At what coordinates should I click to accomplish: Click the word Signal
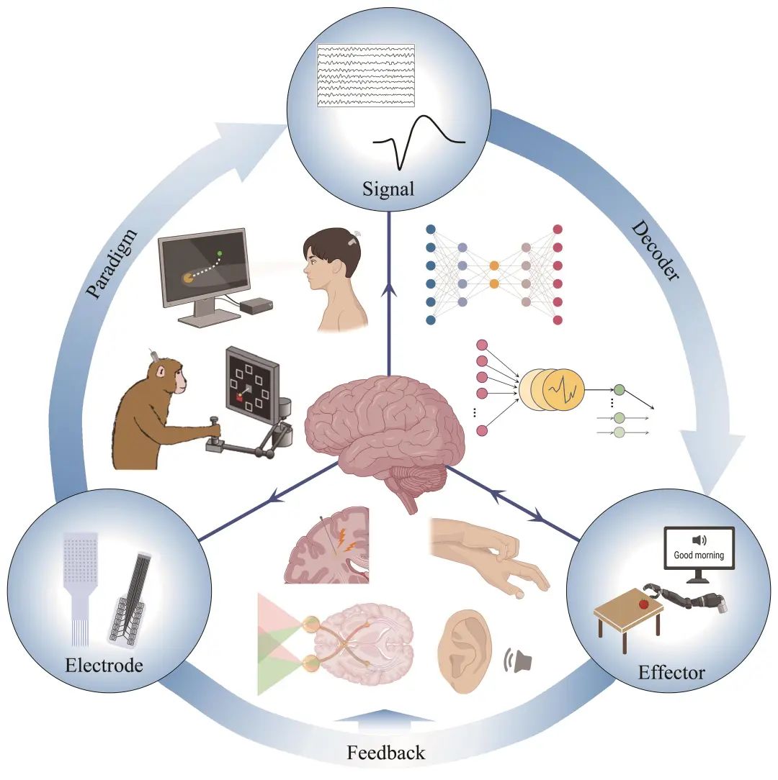coord(389,189)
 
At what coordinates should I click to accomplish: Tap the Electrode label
coord(104,664)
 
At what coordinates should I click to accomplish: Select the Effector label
coord(671,673)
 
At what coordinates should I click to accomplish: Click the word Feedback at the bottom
coord(386,753)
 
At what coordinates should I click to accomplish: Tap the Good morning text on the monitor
coord(698,555)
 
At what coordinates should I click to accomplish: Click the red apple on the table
coord(643,602)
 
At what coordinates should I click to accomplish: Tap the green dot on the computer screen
coord(219,253)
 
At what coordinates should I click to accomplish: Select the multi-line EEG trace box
coord(367,76)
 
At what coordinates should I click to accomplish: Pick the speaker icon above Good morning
coord(698,540)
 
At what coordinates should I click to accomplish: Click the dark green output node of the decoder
coord(618,389)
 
